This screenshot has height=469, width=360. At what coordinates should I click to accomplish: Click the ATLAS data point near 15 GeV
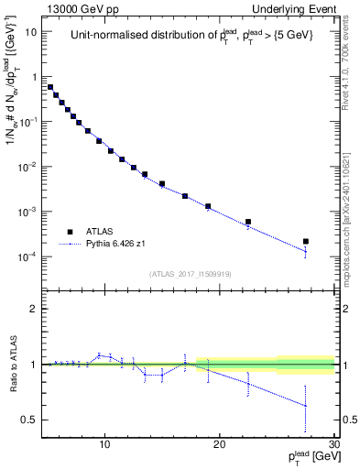[162, 183]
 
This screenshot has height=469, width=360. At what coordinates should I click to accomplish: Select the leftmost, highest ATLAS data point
[50, 87]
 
